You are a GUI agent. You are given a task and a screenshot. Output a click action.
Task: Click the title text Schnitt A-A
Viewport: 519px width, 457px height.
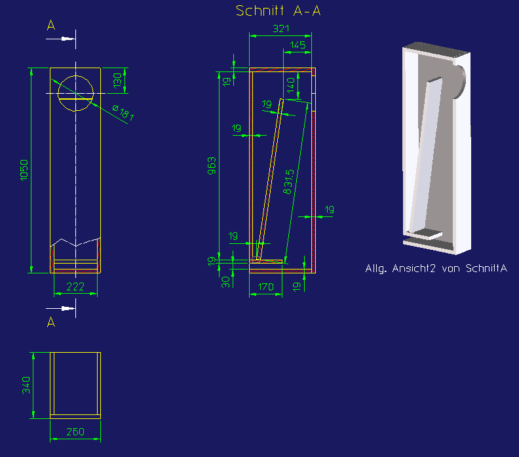click(x=278, y=10)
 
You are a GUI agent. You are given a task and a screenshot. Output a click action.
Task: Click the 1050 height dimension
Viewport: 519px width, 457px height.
click(x=24, y=170)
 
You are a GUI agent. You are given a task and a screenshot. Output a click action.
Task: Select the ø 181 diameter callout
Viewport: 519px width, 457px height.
click(x=123, y=113)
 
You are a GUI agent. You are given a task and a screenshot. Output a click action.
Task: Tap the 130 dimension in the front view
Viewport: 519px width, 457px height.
click(x=117, y=81)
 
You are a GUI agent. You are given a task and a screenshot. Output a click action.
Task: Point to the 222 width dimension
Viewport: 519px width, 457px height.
click(x=75, y=287)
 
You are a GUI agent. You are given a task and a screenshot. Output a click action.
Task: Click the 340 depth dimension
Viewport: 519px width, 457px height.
click(x=26, y=385)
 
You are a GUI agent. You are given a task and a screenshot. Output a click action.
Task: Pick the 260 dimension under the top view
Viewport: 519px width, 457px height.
click(x=75, y=432)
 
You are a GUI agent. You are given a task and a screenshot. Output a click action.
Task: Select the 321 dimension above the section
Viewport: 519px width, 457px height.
click(x=281, y=29)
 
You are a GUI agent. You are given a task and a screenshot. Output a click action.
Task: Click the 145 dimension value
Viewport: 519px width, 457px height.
click(x=298, y=45)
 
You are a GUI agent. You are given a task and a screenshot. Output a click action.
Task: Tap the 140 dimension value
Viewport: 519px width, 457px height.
click(x=291, y=85)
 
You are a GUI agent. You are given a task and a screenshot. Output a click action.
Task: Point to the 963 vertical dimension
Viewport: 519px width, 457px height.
click(x=212, y=166)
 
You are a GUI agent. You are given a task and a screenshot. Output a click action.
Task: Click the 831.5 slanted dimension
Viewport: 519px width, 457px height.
click(x=288, y=182)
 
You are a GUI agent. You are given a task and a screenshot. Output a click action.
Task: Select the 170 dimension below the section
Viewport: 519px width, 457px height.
click(x=266, y=287)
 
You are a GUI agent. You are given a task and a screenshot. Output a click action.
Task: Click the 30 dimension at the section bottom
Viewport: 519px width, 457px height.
click(x=225, y=282)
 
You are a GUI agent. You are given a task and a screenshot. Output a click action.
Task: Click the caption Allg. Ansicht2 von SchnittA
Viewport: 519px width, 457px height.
click(x=436, y=268)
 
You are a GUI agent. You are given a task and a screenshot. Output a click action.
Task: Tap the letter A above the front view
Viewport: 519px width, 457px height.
click(x=51, y=25)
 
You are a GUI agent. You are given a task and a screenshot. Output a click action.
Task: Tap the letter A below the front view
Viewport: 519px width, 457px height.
click(x=51, y=321)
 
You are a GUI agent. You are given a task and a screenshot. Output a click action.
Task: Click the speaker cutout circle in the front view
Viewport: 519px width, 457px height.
click(x=76, y=76)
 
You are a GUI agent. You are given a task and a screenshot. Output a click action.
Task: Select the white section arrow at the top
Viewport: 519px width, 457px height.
click(x=60, y=39)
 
